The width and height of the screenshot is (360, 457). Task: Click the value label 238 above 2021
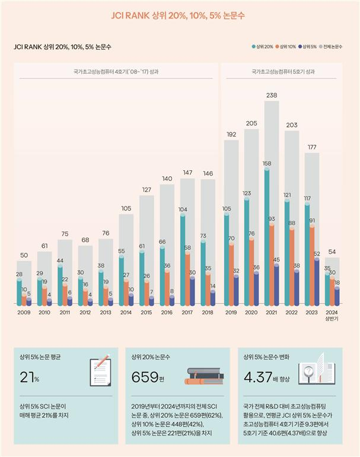272,96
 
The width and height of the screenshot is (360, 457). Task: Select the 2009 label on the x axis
24,312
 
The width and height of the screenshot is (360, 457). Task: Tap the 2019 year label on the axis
231,312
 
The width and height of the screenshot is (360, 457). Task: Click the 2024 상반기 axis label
332,315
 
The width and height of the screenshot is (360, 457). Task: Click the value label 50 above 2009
24,256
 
